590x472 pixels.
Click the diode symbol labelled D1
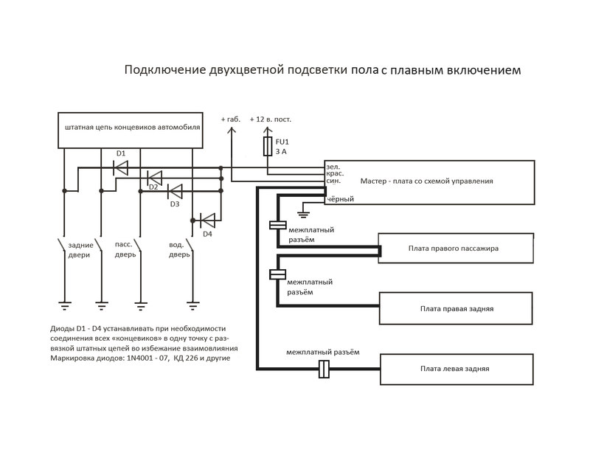120,167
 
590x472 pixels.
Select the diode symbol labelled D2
154,178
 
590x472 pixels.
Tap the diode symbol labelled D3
175,190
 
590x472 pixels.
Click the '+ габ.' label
230,119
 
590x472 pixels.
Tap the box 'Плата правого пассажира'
454,249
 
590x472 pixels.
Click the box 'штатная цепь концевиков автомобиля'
131,128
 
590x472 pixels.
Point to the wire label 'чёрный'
340,199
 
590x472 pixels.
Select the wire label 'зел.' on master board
333,167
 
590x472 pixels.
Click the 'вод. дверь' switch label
179,249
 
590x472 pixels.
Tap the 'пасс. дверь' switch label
125,249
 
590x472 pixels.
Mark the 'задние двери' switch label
80,249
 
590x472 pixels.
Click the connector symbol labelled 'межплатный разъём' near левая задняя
322,369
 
